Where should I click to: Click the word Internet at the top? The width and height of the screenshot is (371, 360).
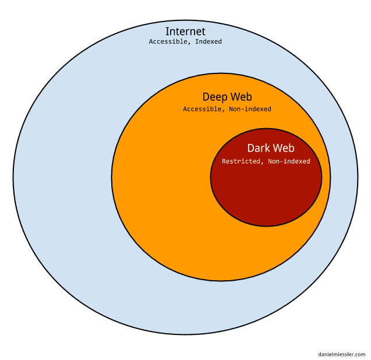[x=185, y=31]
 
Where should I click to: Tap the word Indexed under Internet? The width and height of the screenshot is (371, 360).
[x=208, y=41]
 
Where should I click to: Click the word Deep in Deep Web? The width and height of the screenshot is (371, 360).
[x=214, y=97]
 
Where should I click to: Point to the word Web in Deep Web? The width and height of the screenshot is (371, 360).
[x=241, y=97]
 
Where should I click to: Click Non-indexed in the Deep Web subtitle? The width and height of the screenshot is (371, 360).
[x=250, y=109]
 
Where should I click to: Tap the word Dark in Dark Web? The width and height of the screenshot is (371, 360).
[x=257, y=149]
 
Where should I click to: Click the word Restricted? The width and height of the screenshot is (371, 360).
[x=241, y=161]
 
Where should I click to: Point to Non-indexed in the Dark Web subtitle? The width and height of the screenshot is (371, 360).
[x=289, y=161]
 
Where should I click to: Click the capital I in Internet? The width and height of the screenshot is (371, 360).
[x=167, y=31]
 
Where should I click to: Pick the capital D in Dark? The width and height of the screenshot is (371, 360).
[x=250, y=149]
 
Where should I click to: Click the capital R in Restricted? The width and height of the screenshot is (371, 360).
[x=224, y=161]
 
